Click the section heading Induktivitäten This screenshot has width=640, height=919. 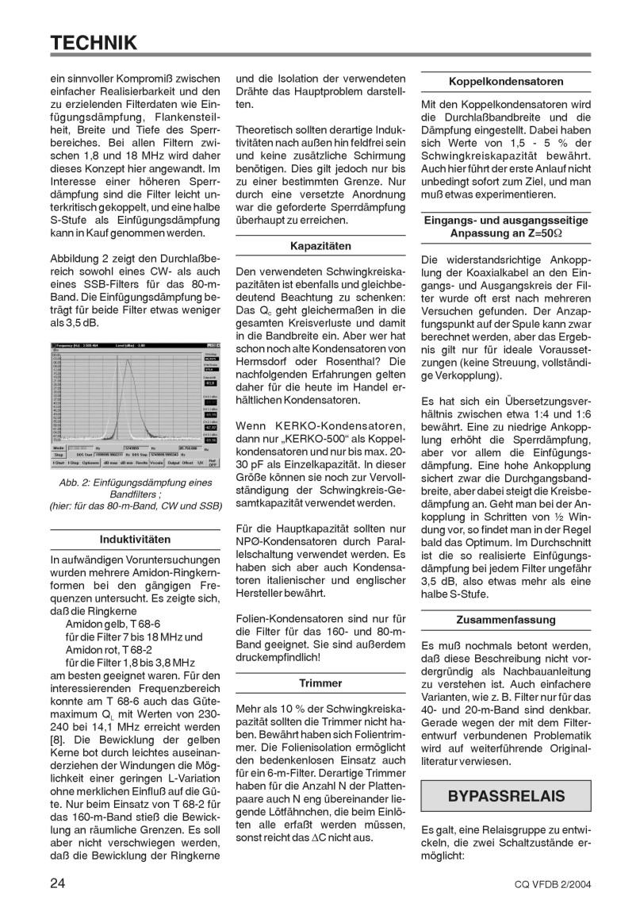click(134, 539)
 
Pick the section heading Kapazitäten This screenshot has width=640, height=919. click(320, 246)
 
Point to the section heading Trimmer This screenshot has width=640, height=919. click(320, 682)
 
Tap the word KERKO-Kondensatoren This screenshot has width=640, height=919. click(321, 429)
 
